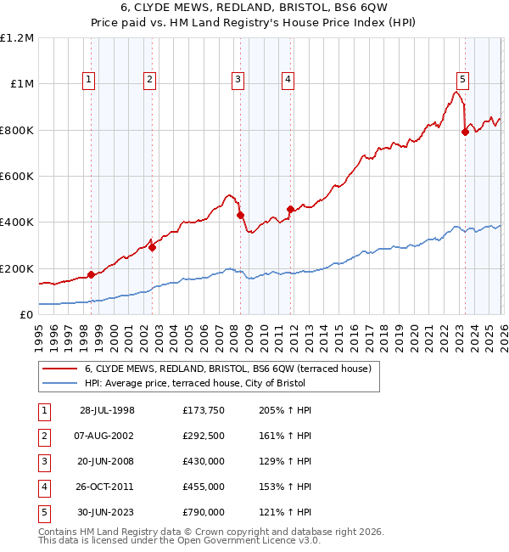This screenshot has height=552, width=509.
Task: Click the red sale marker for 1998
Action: click(x=91, y=274)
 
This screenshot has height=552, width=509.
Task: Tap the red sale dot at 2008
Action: click(x=240, y=215)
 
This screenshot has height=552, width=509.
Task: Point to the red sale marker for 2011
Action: click(x=290, y=209)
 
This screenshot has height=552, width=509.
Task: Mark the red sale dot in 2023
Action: click(x=465, y=132)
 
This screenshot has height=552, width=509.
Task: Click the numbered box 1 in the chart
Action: click(x=90, y=80)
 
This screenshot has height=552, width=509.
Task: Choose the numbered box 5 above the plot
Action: click(x=462, y=80)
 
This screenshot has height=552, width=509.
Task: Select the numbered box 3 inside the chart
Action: click(x=238, y=80)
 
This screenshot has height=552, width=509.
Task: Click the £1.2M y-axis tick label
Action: click(x=17, y=38)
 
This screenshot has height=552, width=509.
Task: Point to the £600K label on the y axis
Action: click(x=17, y=177)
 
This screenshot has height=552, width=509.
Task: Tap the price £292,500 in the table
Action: click(x=204, y=435)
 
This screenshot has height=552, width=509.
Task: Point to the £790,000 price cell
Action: click(x=204, y=512)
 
